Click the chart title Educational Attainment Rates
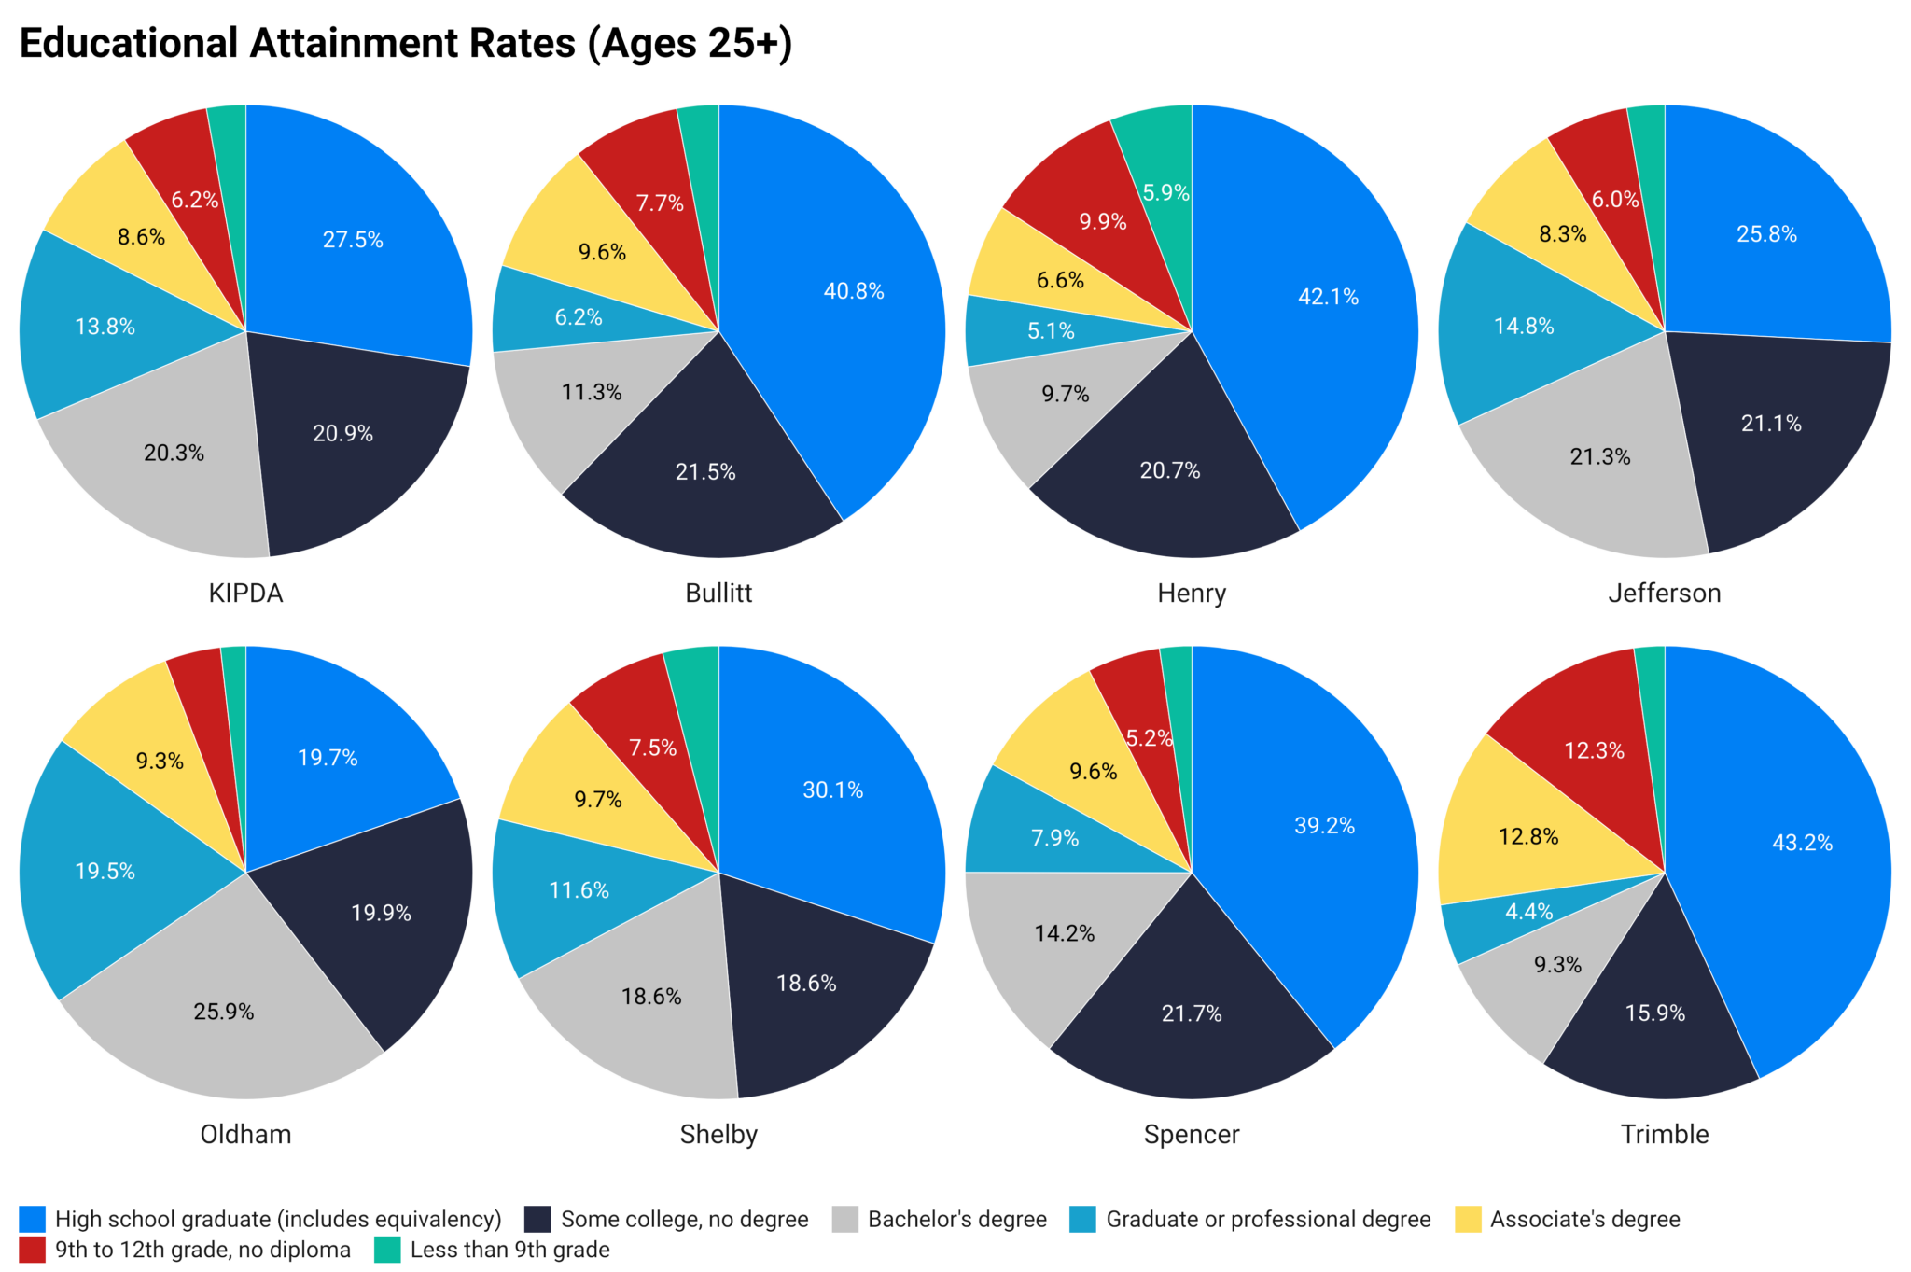coord(405,44)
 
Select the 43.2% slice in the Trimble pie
coord(1792,868)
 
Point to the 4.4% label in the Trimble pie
coord(1528,912)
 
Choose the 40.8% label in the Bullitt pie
coord(853,291)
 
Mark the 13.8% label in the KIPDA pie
coord(105,327)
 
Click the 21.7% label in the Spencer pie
coord(1192,1013)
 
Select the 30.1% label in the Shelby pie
coord(832,790)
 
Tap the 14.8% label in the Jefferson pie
coord(1524,327)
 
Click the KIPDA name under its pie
coord(246,594)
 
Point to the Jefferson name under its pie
coord(1665,594)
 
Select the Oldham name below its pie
coord(246,1135)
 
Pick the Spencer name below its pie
coord(1192,1135)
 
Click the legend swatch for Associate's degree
coord(1468,1220)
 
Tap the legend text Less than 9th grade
coord(510,1250)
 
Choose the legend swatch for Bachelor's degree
coord(845,1220)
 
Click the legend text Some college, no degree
coord(684,1220)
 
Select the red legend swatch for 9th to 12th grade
coord(33,1250)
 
